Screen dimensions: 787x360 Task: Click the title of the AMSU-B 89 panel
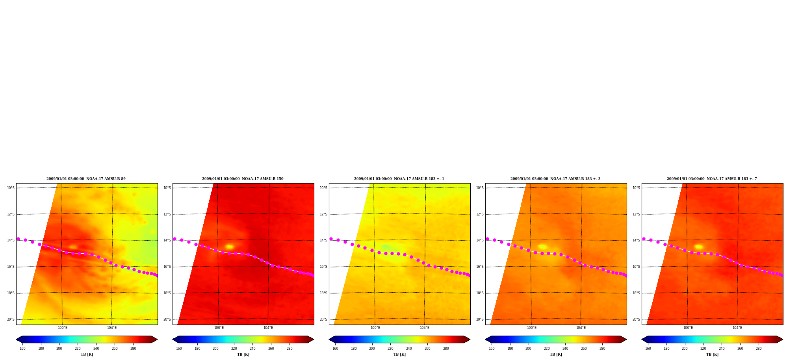[x=86, y=179]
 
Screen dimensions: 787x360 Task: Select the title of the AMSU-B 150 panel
[x=243, y=179]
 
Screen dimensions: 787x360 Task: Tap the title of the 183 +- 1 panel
[x=399, y=179]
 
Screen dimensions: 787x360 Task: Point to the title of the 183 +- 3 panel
[x=555, y=179]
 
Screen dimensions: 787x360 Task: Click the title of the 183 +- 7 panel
[x=712, y=179]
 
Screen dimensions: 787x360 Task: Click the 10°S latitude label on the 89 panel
[x=11, y=188]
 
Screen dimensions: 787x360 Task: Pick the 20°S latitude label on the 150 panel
[x=167, y=319]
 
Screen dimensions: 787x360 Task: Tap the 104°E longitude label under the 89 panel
[x=112, y=328]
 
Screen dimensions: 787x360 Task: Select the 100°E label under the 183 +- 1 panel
[x=375, y=328]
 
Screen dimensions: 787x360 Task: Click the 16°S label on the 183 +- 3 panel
[x=480, y=267]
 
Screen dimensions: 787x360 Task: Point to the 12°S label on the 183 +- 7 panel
[x=636, y=214]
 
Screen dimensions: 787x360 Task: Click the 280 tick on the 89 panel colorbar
[x=133, y=349]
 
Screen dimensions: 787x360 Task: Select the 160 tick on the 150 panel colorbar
[x=179, y=349]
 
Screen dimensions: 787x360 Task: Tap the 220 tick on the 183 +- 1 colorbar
[x=390, y=349]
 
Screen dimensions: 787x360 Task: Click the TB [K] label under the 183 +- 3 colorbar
[x=556, y=354]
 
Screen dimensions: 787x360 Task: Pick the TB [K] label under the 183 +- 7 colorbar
[x=712, y=354]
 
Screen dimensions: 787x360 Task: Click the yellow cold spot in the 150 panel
[x=229, y=247]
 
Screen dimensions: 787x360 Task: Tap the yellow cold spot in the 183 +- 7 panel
[x=698, y=247]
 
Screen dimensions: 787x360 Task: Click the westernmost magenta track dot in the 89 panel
[x=18, y=239]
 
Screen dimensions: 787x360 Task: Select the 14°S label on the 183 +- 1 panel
[x=323, y=240]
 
